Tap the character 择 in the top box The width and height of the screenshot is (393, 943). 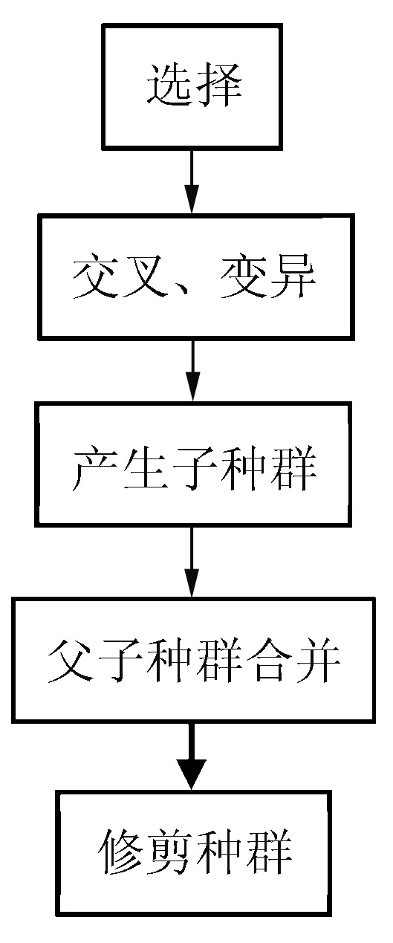click(220, 85)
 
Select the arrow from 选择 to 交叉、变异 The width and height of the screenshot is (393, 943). click(192, 181)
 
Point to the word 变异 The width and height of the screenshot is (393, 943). click(269, 277)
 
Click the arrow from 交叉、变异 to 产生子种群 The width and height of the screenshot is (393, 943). click(192, 370)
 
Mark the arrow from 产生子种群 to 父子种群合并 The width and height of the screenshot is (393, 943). click(192, 562)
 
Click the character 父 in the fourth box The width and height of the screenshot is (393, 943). click(71, 661)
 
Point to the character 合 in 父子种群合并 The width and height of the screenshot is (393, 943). click(268, 661)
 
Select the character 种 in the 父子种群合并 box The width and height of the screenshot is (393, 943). click(170, 661)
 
